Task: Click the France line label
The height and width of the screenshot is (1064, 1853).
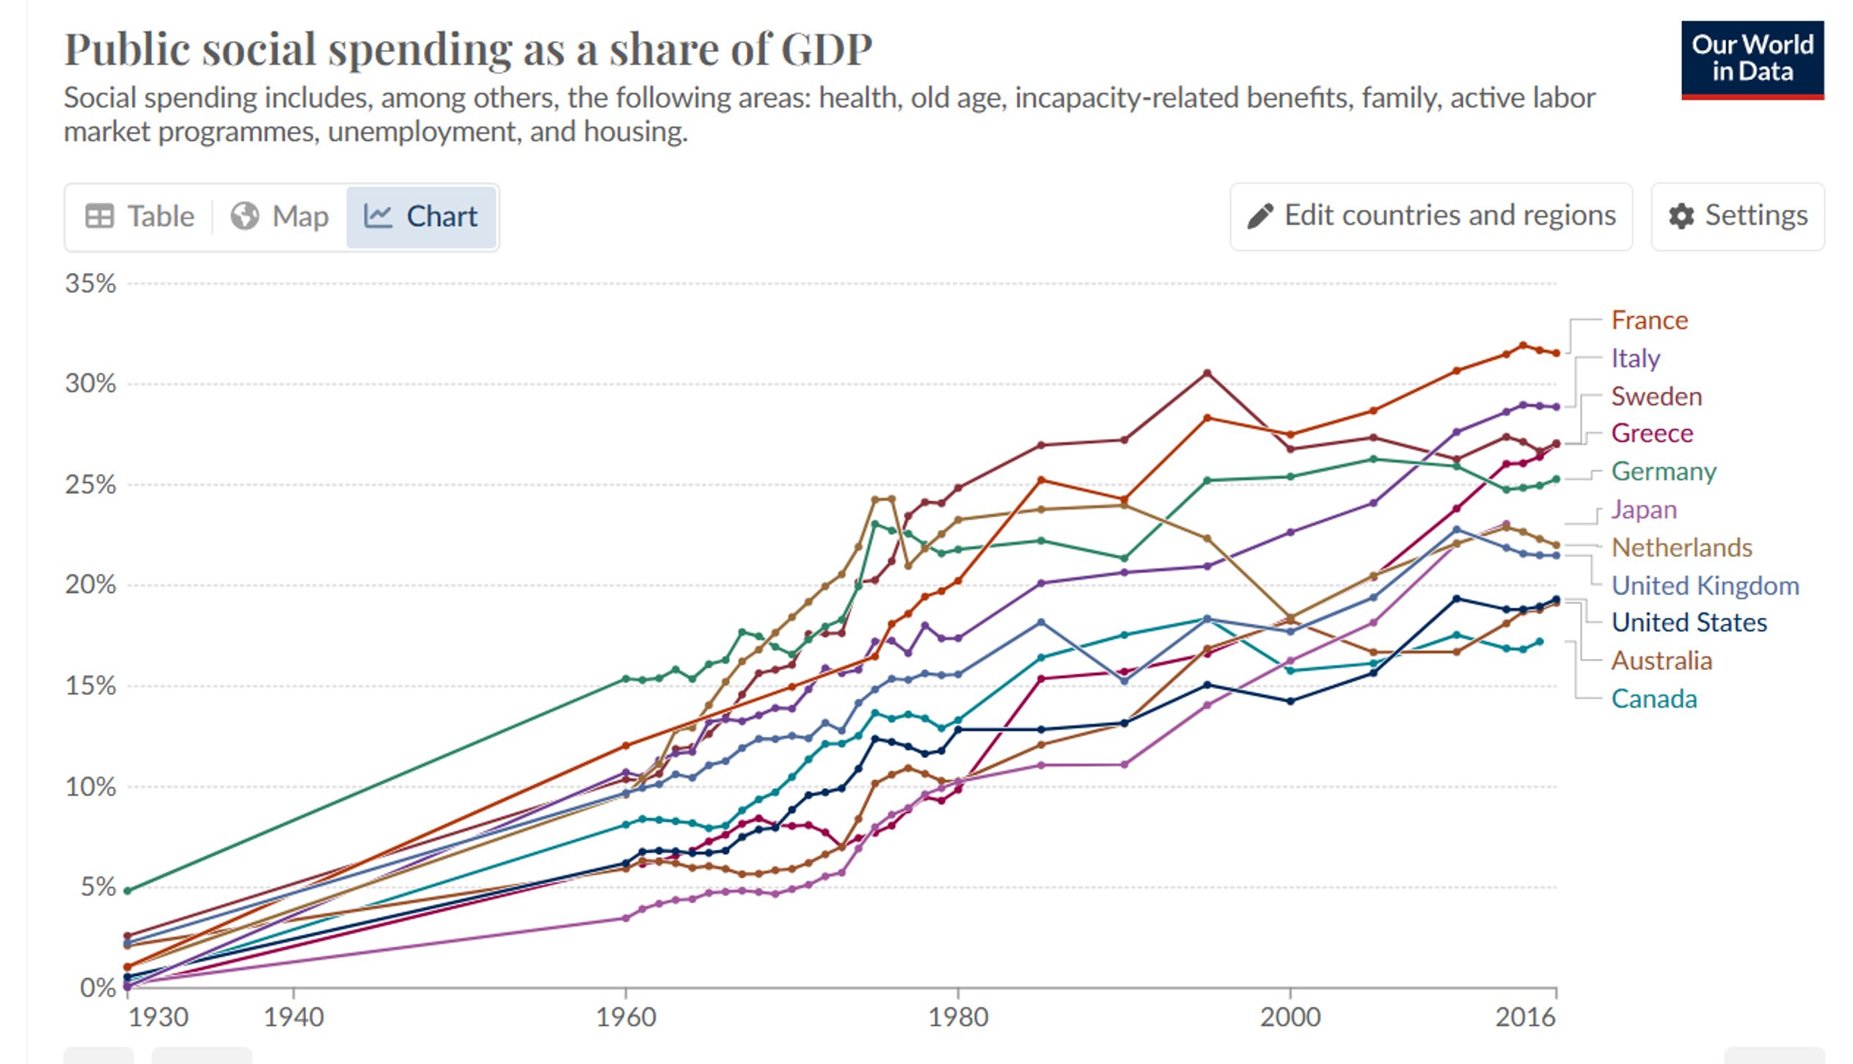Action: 1649,321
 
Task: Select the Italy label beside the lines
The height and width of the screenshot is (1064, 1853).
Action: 1635,359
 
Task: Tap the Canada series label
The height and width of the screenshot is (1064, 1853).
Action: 1653,699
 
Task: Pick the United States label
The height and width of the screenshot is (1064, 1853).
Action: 1689,623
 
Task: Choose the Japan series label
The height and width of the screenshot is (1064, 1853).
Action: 1643,510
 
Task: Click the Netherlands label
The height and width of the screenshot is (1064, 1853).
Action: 1681,548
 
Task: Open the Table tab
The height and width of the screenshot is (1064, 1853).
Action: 139,217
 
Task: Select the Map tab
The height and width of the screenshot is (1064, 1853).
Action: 279,217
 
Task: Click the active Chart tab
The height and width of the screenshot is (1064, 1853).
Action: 421,217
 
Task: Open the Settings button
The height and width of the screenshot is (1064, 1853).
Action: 1737,216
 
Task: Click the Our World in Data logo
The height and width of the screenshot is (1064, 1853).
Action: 1752,59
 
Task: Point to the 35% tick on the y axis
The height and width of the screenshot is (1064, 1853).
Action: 90,284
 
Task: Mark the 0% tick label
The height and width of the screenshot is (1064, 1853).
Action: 98,988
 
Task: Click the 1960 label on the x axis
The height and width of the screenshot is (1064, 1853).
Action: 626,1017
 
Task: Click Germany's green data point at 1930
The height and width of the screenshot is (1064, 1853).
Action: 128,891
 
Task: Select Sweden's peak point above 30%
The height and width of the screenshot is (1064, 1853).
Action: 1207,374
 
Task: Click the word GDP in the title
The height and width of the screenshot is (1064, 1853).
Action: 826,50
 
